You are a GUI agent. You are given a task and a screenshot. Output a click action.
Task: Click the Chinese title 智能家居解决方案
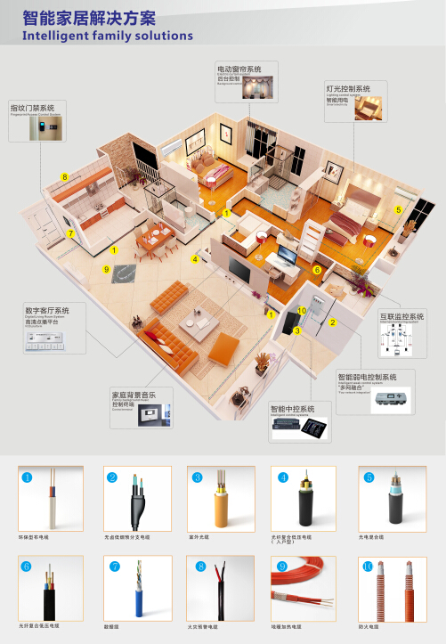[89, 18]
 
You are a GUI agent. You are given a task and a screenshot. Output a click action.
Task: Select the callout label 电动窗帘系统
[239, 69]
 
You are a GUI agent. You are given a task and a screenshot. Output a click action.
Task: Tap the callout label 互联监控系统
[402, 316]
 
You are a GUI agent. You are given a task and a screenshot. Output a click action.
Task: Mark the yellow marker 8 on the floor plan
[65, 176]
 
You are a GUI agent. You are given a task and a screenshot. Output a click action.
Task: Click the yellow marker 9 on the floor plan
[106, 268]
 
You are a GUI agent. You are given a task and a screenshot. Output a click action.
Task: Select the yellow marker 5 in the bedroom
[399, 208]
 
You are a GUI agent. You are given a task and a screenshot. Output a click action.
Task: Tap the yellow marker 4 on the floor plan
[194, 259]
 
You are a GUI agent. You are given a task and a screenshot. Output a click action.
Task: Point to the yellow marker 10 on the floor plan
[302, 311]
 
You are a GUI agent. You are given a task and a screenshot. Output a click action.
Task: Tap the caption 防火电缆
[369, 626]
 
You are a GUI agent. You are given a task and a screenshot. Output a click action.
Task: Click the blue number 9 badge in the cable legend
[282, 566]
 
